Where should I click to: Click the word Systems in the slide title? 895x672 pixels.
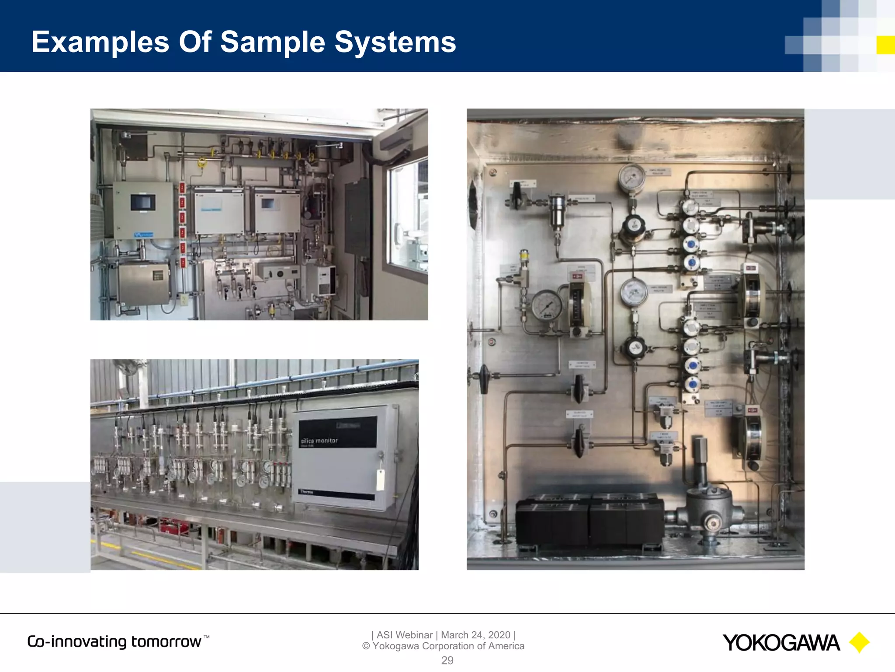click(x=395, y=42)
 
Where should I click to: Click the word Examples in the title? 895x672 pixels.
click(x=100, y=42)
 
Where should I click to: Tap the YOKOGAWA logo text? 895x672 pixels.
click(x=781, y=643)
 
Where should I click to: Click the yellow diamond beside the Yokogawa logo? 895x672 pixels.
click(x=859, y=643)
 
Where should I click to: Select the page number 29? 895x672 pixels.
click(x=447, y=660)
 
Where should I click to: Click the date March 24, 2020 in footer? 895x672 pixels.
click(x=475, y=635)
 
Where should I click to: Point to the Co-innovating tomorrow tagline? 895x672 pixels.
click(x=114, y=641)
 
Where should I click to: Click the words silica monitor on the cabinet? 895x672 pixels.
click(x=319, y=441)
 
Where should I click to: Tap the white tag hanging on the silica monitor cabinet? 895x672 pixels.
click(x=381, y=479)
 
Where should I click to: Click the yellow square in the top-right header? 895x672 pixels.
click(x=885, y=45)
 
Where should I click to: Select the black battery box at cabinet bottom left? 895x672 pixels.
click(x=552, y=521)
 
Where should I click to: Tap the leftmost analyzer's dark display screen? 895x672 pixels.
click(x=142, y=203)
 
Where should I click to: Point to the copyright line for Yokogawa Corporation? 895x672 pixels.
click(x=443, y=646)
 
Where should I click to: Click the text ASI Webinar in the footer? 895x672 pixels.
click(x=404, y=635)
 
